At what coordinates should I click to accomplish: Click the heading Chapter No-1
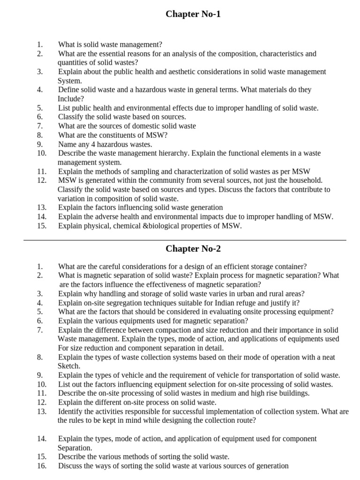(193, 14)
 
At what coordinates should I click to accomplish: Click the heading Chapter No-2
(193, 248)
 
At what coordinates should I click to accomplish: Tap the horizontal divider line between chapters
(185, 240)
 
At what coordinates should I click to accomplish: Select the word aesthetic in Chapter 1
(193, 72)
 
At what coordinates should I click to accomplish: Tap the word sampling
(131, 172)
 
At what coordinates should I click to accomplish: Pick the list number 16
(41, 466)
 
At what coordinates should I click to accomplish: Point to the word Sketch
(68, 366)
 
